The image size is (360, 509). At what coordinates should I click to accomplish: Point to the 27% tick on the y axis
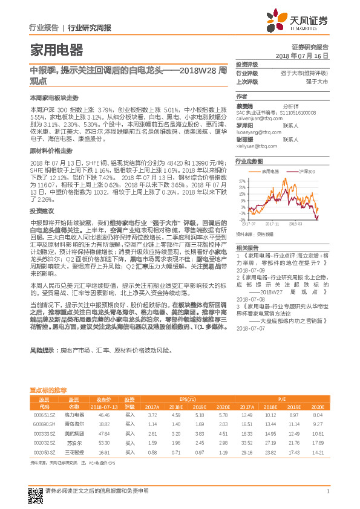[242, 180]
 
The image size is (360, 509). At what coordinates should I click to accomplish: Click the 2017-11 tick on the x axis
[281, 225]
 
